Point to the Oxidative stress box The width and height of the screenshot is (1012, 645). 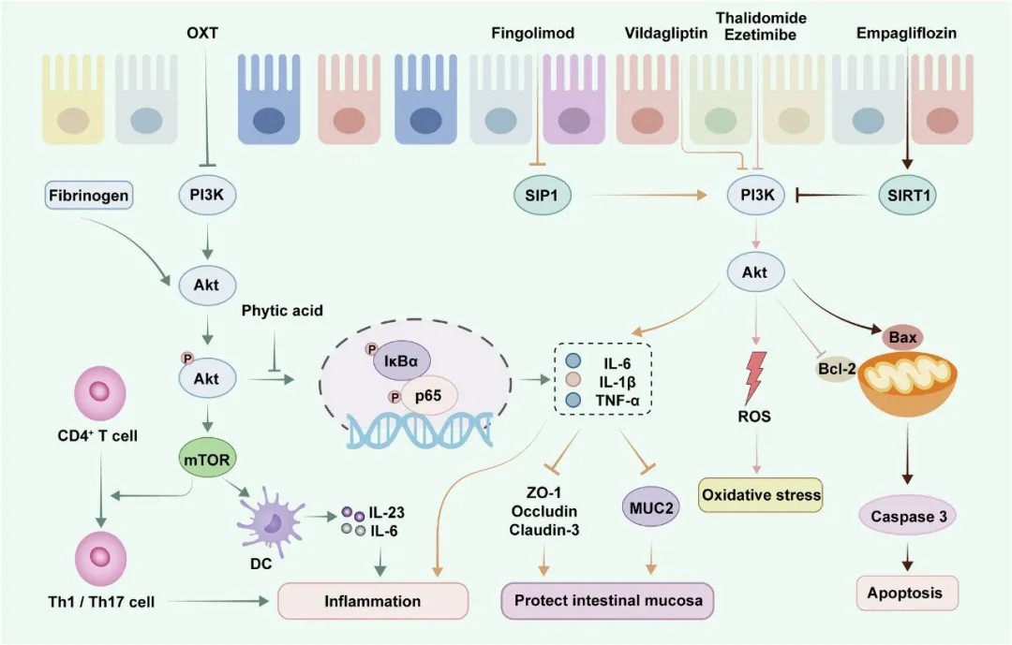point(761,494)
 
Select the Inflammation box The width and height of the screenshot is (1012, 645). point(372,600)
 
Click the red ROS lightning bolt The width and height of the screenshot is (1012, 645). point(755,372)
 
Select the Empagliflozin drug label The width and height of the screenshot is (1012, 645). point(906,34)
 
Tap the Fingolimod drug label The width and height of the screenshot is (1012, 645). point(532,34)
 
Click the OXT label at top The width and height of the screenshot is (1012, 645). point(203,34)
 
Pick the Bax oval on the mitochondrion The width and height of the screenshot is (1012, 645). point(896,334)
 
